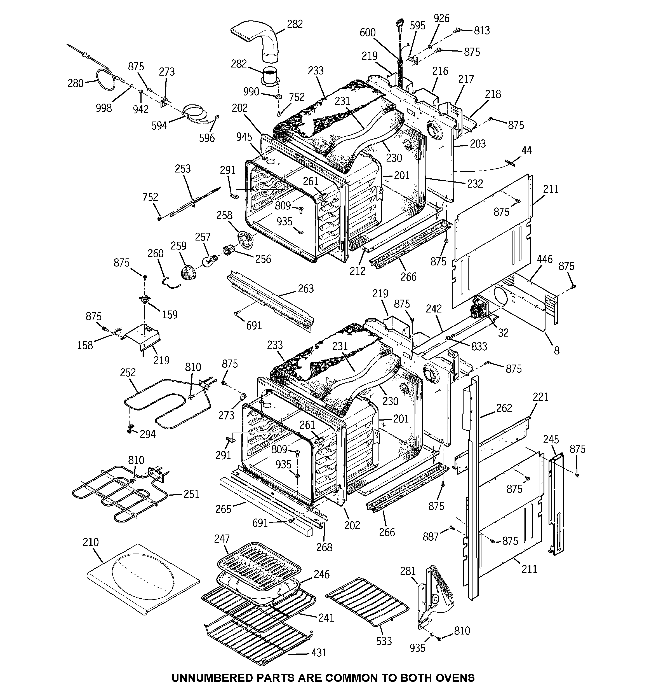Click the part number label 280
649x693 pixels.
click(75, 83)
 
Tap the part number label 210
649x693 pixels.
click(91, 542)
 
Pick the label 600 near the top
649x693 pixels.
click(367, 33)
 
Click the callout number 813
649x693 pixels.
click(482, 31)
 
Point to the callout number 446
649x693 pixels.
click(544, 259)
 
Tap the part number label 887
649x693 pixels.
click(431, 537)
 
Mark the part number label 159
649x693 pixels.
click(170, 314)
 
